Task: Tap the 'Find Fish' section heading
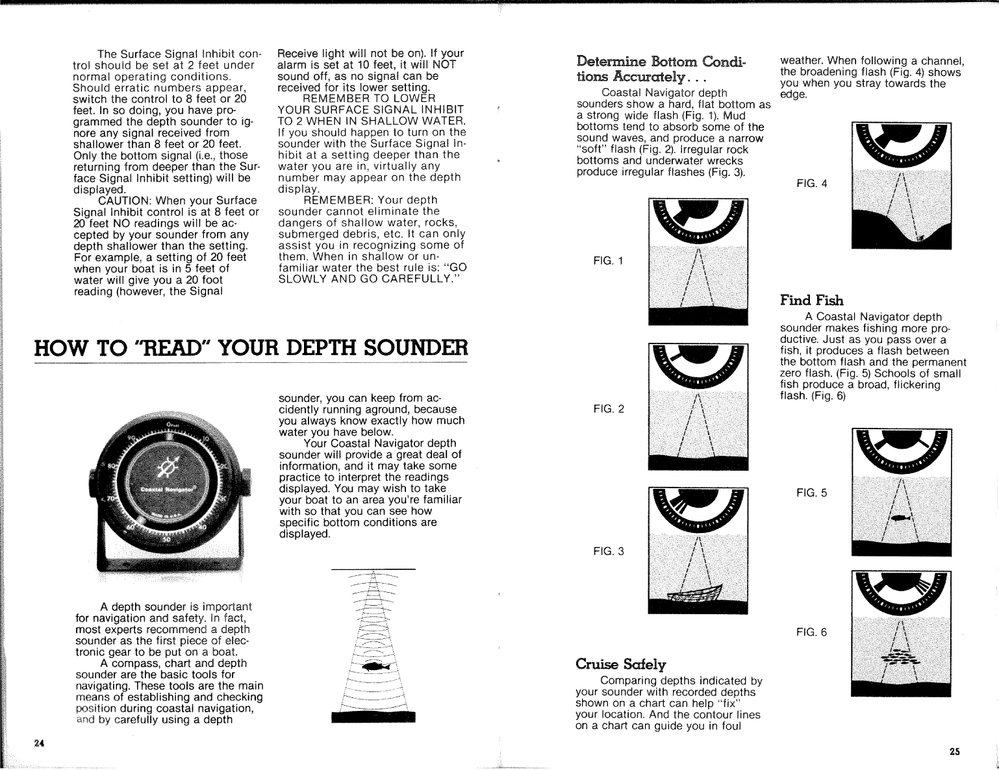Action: [811, 300]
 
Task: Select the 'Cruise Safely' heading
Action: [620, 664]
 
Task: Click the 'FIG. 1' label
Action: [608, 262]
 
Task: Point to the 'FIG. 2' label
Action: [608, 409]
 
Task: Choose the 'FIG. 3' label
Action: [608, 552]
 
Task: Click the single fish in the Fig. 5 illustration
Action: [900, 517]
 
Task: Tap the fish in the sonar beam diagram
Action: [374, 666]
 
